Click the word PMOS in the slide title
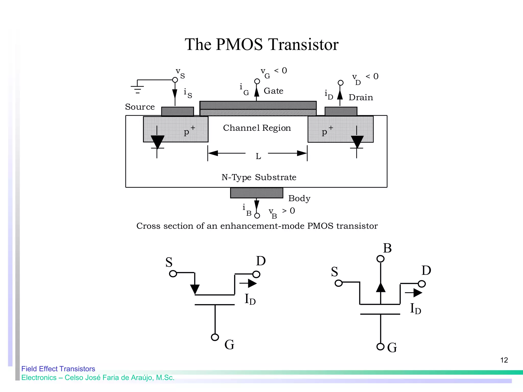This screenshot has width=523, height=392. coord(239,45)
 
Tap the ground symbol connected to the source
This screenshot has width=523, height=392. coord(137,88)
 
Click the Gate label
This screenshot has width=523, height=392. coord(273,91)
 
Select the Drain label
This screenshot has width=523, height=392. coord(361,97)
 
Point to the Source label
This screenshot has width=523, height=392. coord(140,107)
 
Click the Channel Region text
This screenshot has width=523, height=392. coord(257,128)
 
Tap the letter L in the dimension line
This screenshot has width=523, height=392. coord(258,156)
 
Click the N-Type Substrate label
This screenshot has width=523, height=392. coord(259,177)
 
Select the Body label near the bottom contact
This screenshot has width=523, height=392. coord(299,198)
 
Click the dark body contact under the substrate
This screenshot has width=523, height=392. coord(256,193)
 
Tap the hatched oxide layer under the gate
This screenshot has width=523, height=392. coord(258,113)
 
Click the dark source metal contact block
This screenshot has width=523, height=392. coord(177,111)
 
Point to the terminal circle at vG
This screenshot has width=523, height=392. coord(257,81)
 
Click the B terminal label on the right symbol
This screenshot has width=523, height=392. coord(387,248)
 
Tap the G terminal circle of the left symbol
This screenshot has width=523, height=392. coord(215,337)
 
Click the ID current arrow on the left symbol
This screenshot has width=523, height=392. coord(248,283)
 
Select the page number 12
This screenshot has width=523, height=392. coord(504,360)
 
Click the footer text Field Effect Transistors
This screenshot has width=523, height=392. coord(58,369)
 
